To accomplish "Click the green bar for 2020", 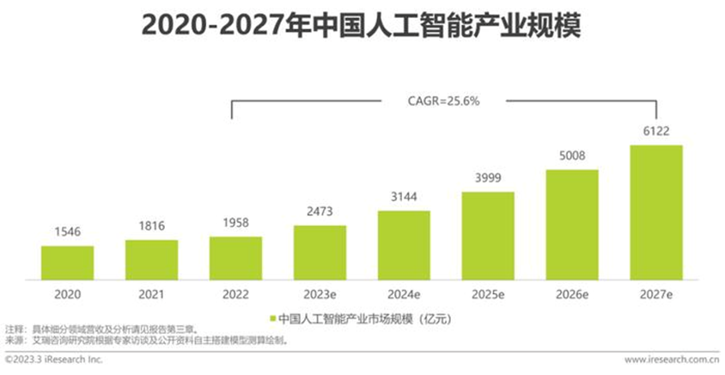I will click(67, 262).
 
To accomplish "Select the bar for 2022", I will click(235, 257).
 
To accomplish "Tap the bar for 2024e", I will click(404, 244).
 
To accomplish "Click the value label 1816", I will click(151, 227).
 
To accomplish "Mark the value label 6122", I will click(656, 132).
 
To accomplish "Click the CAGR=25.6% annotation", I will click(443, 101).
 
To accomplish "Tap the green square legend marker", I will click(274, 319).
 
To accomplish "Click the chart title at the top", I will click(361, 27).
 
